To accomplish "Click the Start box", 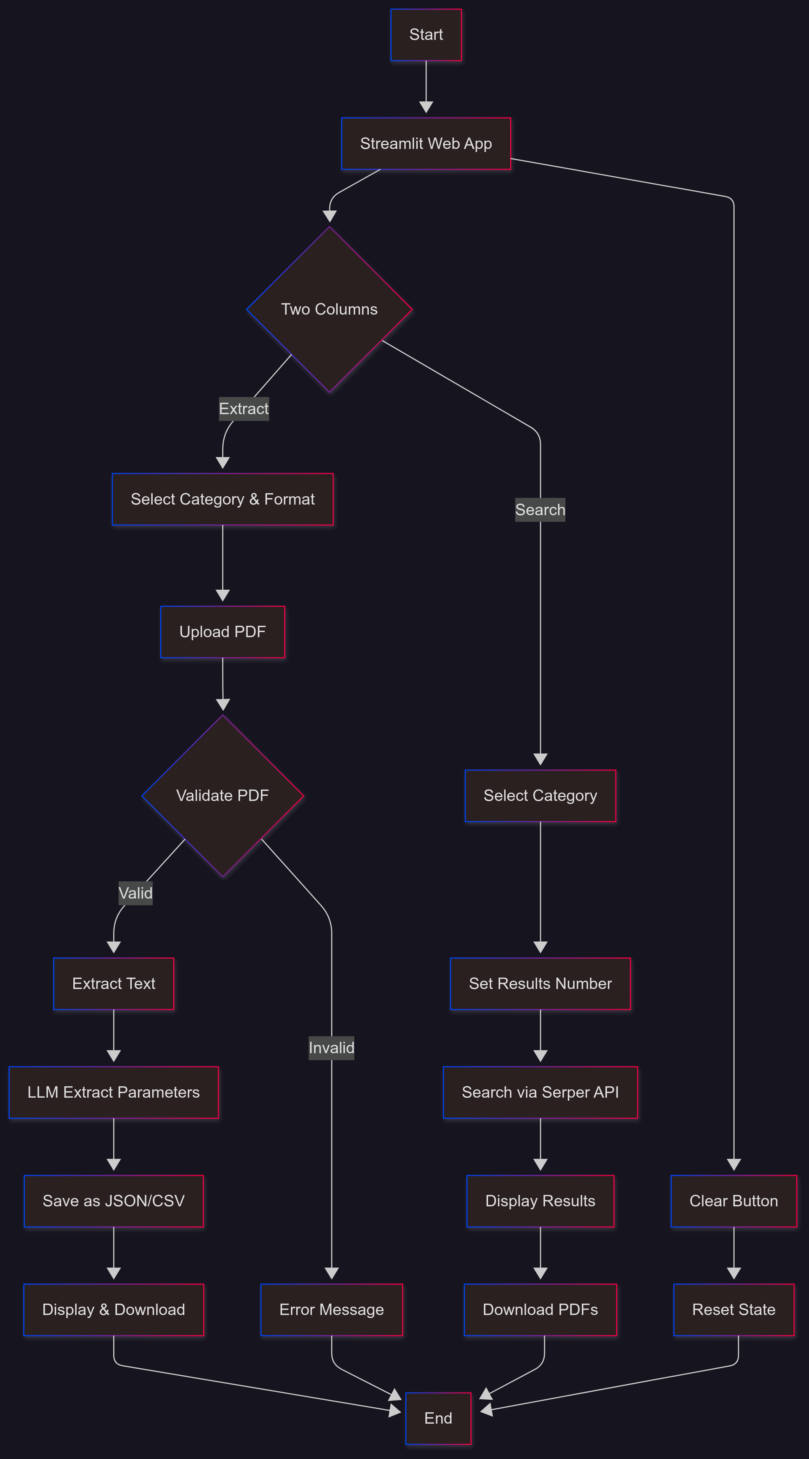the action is [x=426, y=35].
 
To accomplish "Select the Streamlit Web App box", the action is [x=426, y=143].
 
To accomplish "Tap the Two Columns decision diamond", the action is [x=329, y=309].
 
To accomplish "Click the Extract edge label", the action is [x=244, y=409].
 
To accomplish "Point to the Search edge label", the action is [x=540, y=510].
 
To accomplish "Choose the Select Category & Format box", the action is [x=223, y=499].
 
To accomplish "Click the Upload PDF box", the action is [x=223, y=631].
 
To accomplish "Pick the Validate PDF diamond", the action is [x=223, y=795].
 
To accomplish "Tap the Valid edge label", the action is [x=135, y=893].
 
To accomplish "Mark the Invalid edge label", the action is [x=331, y=1048].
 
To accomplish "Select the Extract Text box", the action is [x=114, y=983].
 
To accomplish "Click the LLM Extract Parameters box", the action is [x=114, y=1092].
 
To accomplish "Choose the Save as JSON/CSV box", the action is [x=114, y=1201].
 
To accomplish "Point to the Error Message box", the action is [x=331, y=1309].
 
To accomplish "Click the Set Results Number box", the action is [x=540, y=983].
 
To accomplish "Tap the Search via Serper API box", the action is [x=540, y=1092].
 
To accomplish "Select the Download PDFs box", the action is [x=540, y=1309].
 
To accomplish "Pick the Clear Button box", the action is [x=734, y=1201].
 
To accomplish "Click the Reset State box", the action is [x=734, y=1309].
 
